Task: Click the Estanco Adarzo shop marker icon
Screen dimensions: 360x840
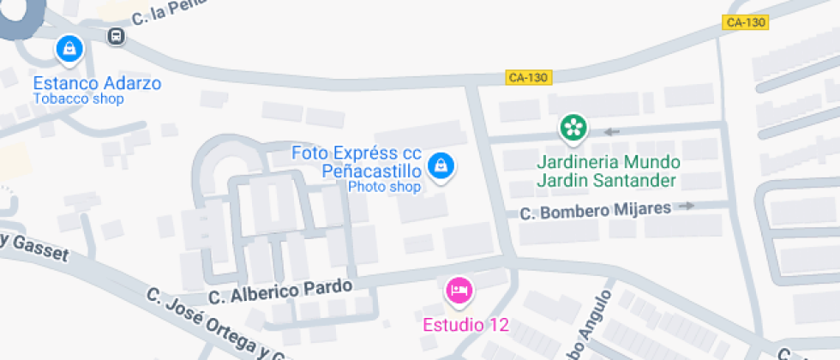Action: click(x=69, y=48)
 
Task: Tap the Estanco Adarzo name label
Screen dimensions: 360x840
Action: click(x=97, y=83)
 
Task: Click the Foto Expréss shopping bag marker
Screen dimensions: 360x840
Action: click(x=441, y=165)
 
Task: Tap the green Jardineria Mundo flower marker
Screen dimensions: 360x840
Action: click(x=573, y=129)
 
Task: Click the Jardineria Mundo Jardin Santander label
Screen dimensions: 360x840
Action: click(x=608, y=171)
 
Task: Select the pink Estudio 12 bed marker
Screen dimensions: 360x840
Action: click(x=459, y=291)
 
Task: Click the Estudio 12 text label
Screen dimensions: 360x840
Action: click(x=466, y=325)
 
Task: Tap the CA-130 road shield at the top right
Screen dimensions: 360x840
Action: click(x=745, y=22)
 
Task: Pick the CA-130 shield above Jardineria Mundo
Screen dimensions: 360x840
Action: click(x=528, y=77)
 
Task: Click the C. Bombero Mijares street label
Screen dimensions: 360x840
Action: click(x=597, y=209)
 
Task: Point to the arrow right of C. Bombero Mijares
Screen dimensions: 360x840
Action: click(x=687, y=206)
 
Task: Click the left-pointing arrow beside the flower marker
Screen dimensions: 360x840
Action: click(x=612, y=131)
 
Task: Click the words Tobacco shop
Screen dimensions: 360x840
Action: click(x=78, y=99)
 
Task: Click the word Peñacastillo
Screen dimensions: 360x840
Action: click(x=370, y=171)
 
